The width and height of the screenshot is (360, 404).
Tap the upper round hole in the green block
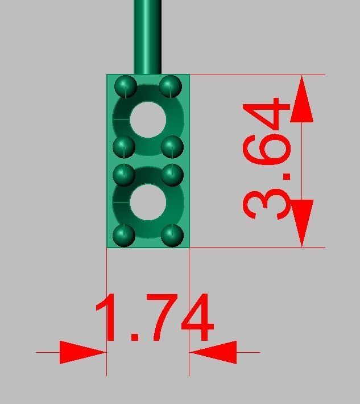click(148, 120)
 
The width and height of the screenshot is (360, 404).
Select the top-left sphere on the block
click(125, 87)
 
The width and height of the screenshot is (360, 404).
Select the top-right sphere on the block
click(170, 87)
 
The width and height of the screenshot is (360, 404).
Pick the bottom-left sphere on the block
click(125, 234)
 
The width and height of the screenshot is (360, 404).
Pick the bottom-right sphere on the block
click(172, 234)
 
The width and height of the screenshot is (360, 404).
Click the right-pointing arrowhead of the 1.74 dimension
click(82, 352)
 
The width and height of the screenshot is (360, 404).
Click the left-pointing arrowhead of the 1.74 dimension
click(213, 352)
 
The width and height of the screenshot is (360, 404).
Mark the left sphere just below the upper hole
click(123, 147)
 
